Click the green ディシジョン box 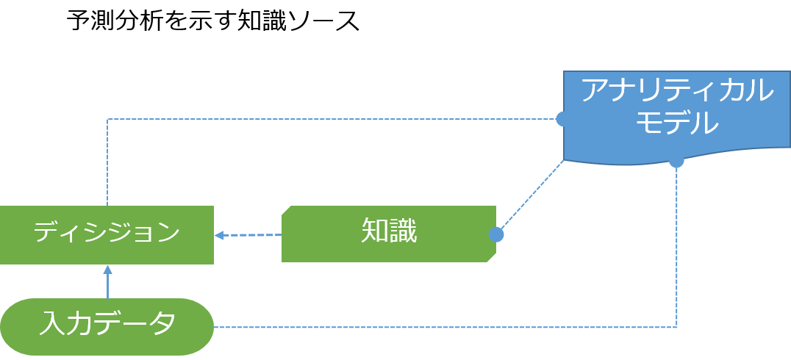click(x=107, y=234)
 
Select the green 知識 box click(x=388, y=234)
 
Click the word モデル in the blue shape click(x=676, y=123)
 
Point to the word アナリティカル click(x=676, y=91)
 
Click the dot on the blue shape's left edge click(x=562, y=118)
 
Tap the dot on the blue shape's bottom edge click(x=676, y=161)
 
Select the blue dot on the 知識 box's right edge click(x=496, y=234)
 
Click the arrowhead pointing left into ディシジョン click(x=219, y=235)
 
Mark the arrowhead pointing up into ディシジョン click(x=107, y=270)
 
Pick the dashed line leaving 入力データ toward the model click(x=441, y=327)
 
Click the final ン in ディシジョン click(x=168, y=233)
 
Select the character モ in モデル click(x=648, y=123)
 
